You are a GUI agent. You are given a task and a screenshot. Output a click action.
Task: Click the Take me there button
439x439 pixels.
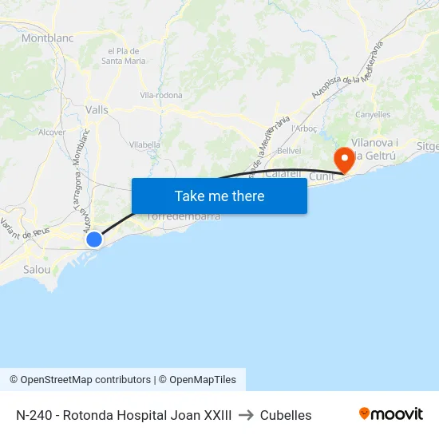[x=219, y=196]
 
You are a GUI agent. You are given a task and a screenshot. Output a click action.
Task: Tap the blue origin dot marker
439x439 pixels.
[x=94, y=239]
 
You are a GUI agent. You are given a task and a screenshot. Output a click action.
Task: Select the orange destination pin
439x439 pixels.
[x=345, y=158]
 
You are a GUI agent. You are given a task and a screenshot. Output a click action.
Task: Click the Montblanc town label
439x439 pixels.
[x=47, y=38]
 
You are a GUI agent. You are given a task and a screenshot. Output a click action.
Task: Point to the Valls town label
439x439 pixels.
[x=97, y=111]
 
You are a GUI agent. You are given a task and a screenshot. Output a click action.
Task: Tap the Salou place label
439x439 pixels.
[x=37, y=269]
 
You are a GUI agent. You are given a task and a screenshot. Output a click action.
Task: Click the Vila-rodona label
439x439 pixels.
[x=161, y=95]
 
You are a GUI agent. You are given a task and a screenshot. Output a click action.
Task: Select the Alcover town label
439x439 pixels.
[x=52, y=132]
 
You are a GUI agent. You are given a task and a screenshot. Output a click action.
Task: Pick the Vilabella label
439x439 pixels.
[x=145, y=144]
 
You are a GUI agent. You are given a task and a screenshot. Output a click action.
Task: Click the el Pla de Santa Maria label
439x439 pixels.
[x=124, y=56]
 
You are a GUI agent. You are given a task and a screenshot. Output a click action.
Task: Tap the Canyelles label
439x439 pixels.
[x=373, y=114]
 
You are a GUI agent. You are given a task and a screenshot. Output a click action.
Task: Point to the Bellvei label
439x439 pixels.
[x=288, y=150]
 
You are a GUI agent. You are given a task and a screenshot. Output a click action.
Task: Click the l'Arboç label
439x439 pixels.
[x=305, y=129]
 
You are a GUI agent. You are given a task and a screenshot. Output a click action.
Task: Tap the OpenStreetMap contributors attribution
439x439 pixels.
[x=80, y=380]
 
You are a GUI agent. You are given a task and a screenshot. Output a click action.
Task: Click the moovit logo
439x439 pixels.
[x=390, y=414]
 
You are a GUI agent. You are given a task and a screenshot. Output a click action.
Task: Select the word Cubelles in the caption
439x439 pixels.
[x=286, y=415]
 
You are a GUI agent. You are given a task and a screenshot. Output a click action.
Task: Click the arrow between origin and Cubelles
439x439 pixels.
[x=246, y=415]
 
